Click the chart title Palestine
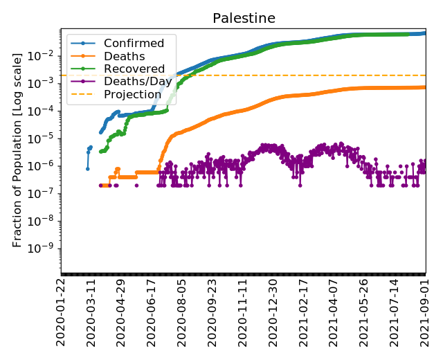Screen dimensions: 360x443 [x=243, y=17]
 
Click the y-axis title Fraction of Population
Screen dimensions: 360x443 [x=19, y=152]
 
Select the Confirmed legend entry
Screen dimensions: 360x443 [x=134, y=44]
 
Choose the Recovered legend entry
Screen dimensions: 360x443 [x=134, y=69]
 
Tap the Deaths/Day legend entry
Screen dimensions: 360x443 [x=137, y=81]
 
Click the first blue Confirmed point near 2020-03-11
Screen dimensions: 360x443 [x=88, y=168]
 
